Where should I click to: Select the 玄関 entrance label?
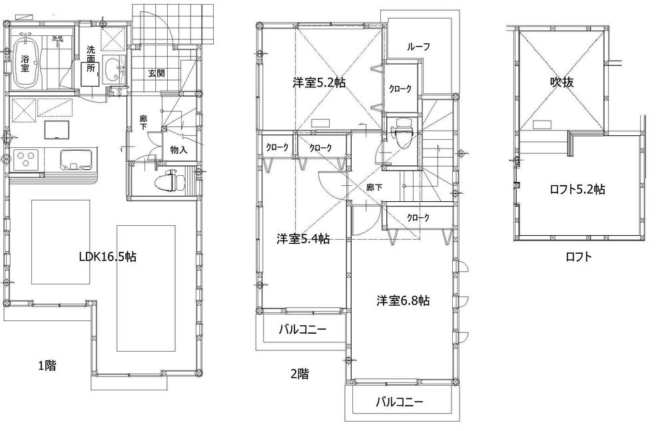(157, 74)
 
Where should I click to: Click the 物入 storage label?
(178, 150)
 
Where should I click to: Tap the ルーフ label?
(418, 47)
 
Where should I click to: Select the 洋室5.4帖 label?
(303, 238)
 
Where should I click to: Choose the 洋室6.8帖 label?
(402, 300)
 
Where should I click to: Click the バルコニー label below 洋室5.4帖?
(302, 329)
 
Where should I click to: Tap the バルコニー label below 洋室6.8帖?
(400, 402)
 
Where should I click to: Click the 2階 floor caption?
(299, 374)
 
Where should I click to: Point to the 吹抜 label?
(561, 83)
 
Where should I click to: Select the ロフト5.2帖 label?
(577, 189)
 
